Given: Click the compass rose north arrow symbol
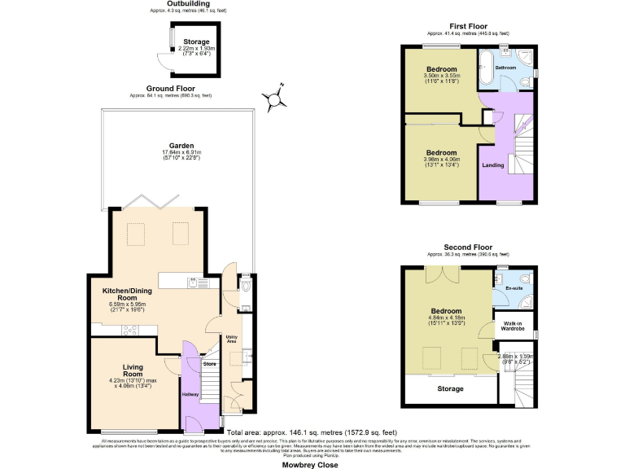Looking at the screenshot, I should (x=277, y=99).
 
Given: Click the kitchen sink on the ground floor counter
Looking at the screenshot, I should (x=195, y=283).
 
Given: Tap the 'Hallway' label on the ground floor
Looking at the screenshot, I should (x=190, y=394).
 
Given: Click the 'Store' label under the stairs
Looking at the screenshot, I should (x=209, y=363).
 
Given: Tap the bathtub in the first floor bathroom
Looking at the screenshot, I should (x=485, y=68).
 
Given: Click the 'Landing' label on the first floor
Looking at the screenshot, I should (x=493, y=165).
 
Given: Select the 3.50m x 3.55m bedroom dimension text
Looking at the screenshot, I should (x=439, y=77).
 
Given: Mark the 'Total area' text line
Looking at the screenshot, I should (x=312, y=432).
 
